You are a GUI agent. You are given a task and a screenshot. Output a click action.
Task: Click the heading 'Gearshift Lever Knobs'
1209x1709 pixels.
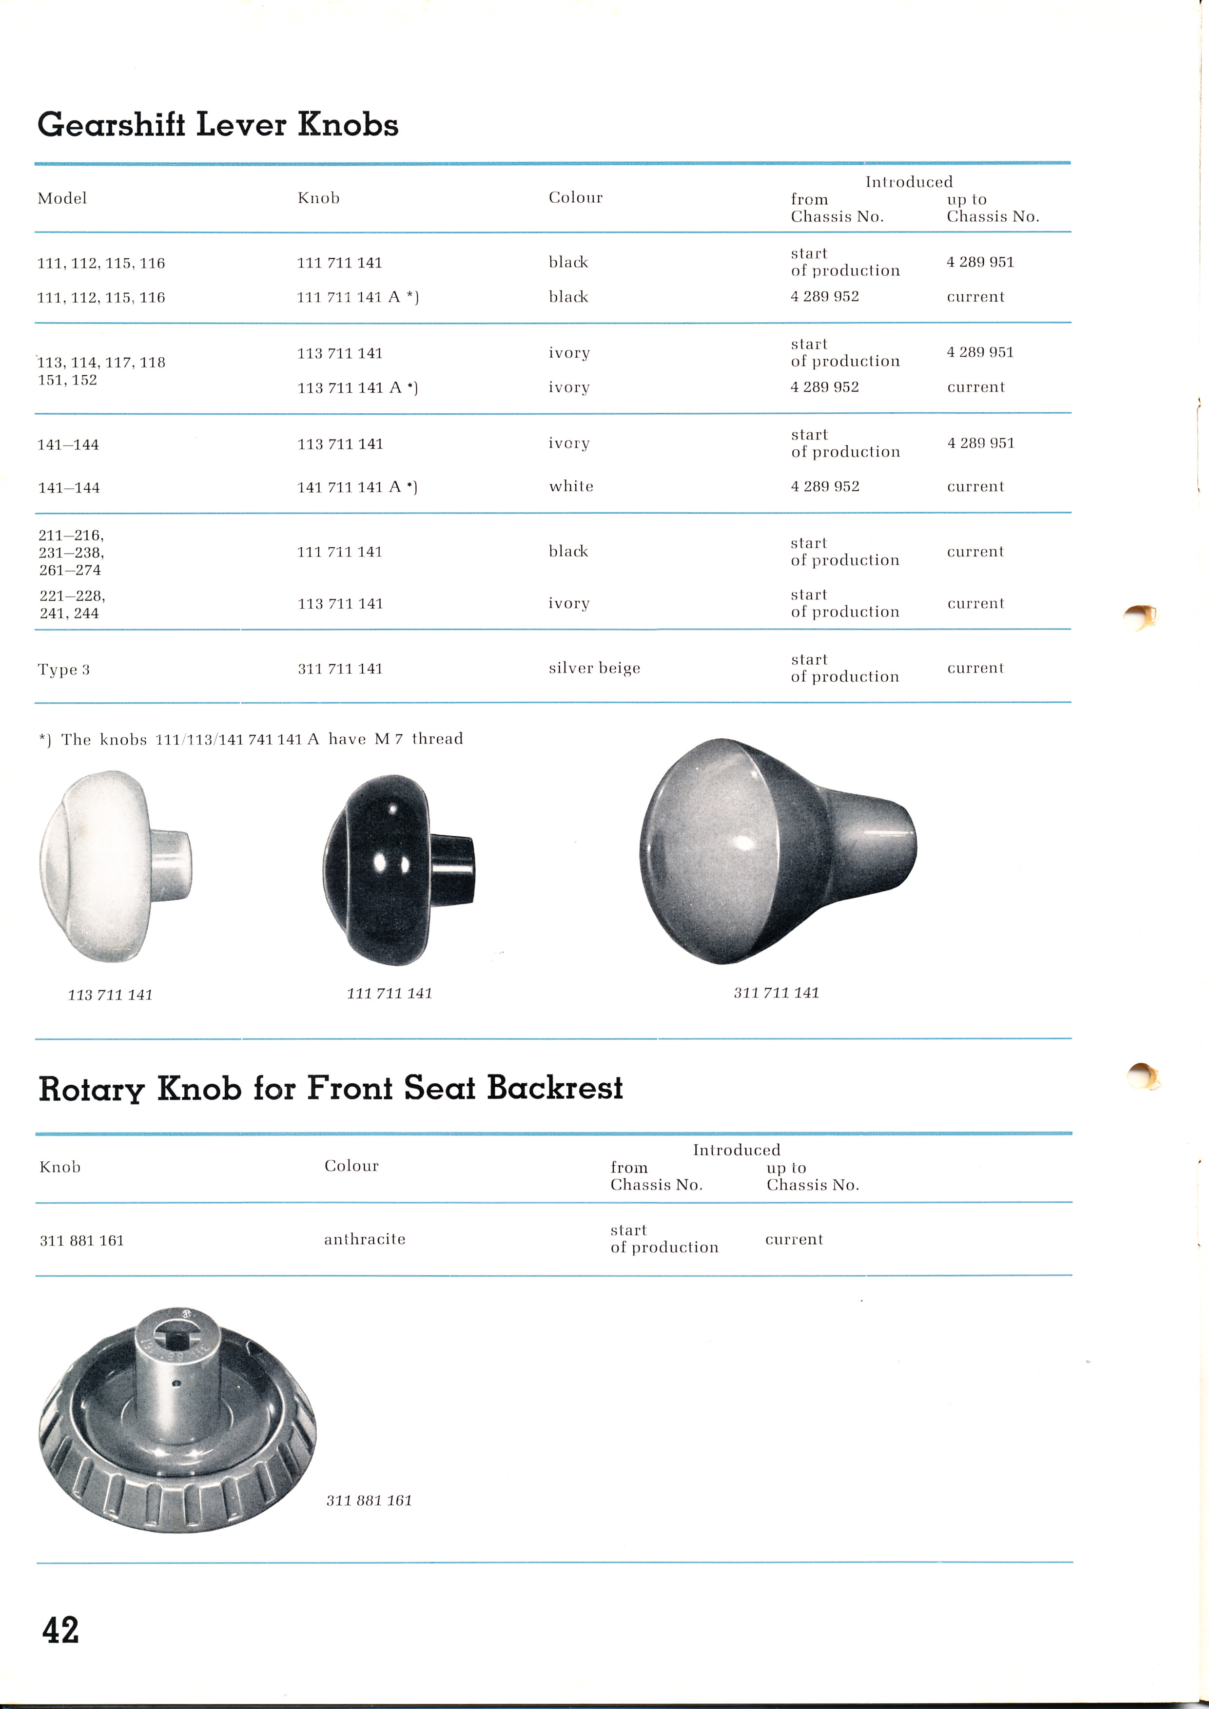[217, 124]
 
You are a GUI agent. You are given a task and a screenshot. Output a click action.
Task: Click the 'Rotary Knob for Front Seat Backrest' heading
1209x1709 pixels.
[331, 1088]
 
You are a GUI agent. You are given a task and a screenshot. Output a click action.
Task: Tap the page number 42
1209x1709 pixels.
[60, 1630]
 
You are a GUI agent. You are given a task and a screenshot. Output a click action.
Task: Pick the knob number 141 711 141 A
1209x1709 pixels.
[357, 487]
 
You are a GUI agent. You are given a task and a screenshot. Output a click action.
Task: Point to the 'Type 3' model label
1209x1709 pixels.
[64, 669]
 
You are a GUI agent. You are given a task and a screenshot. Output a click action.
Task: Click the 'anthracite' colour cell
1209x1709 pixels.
[365, 1239]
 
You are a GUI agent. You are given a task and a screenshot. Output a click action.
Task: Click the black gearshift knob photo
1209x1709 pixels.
[397, 869]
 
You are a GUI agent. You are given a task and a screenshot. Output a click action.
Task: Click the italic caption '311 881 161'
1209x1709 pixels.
[369, 1500]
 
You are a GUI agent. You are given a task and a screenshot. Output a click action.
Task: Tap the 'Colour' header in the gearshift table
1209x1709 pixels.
[575, 197]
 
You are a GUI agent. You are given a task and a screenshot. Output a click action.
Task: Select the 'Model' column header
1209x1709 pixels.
[62, 198]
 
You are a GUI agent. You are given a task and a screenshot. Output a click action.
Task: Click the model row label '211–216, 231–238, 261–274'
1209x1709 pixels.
[72, 552]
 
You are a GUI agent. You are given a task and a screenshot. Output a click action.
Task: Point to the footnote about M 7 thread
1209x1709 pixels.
[251, 739]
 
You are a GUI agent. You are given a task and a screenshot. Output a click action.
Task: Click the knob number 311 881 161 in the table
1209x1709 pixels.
[82, 1240]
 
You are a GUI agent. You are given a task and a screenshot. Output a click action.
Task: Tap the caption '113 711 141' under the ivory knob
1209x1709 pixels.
[110, 995]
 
